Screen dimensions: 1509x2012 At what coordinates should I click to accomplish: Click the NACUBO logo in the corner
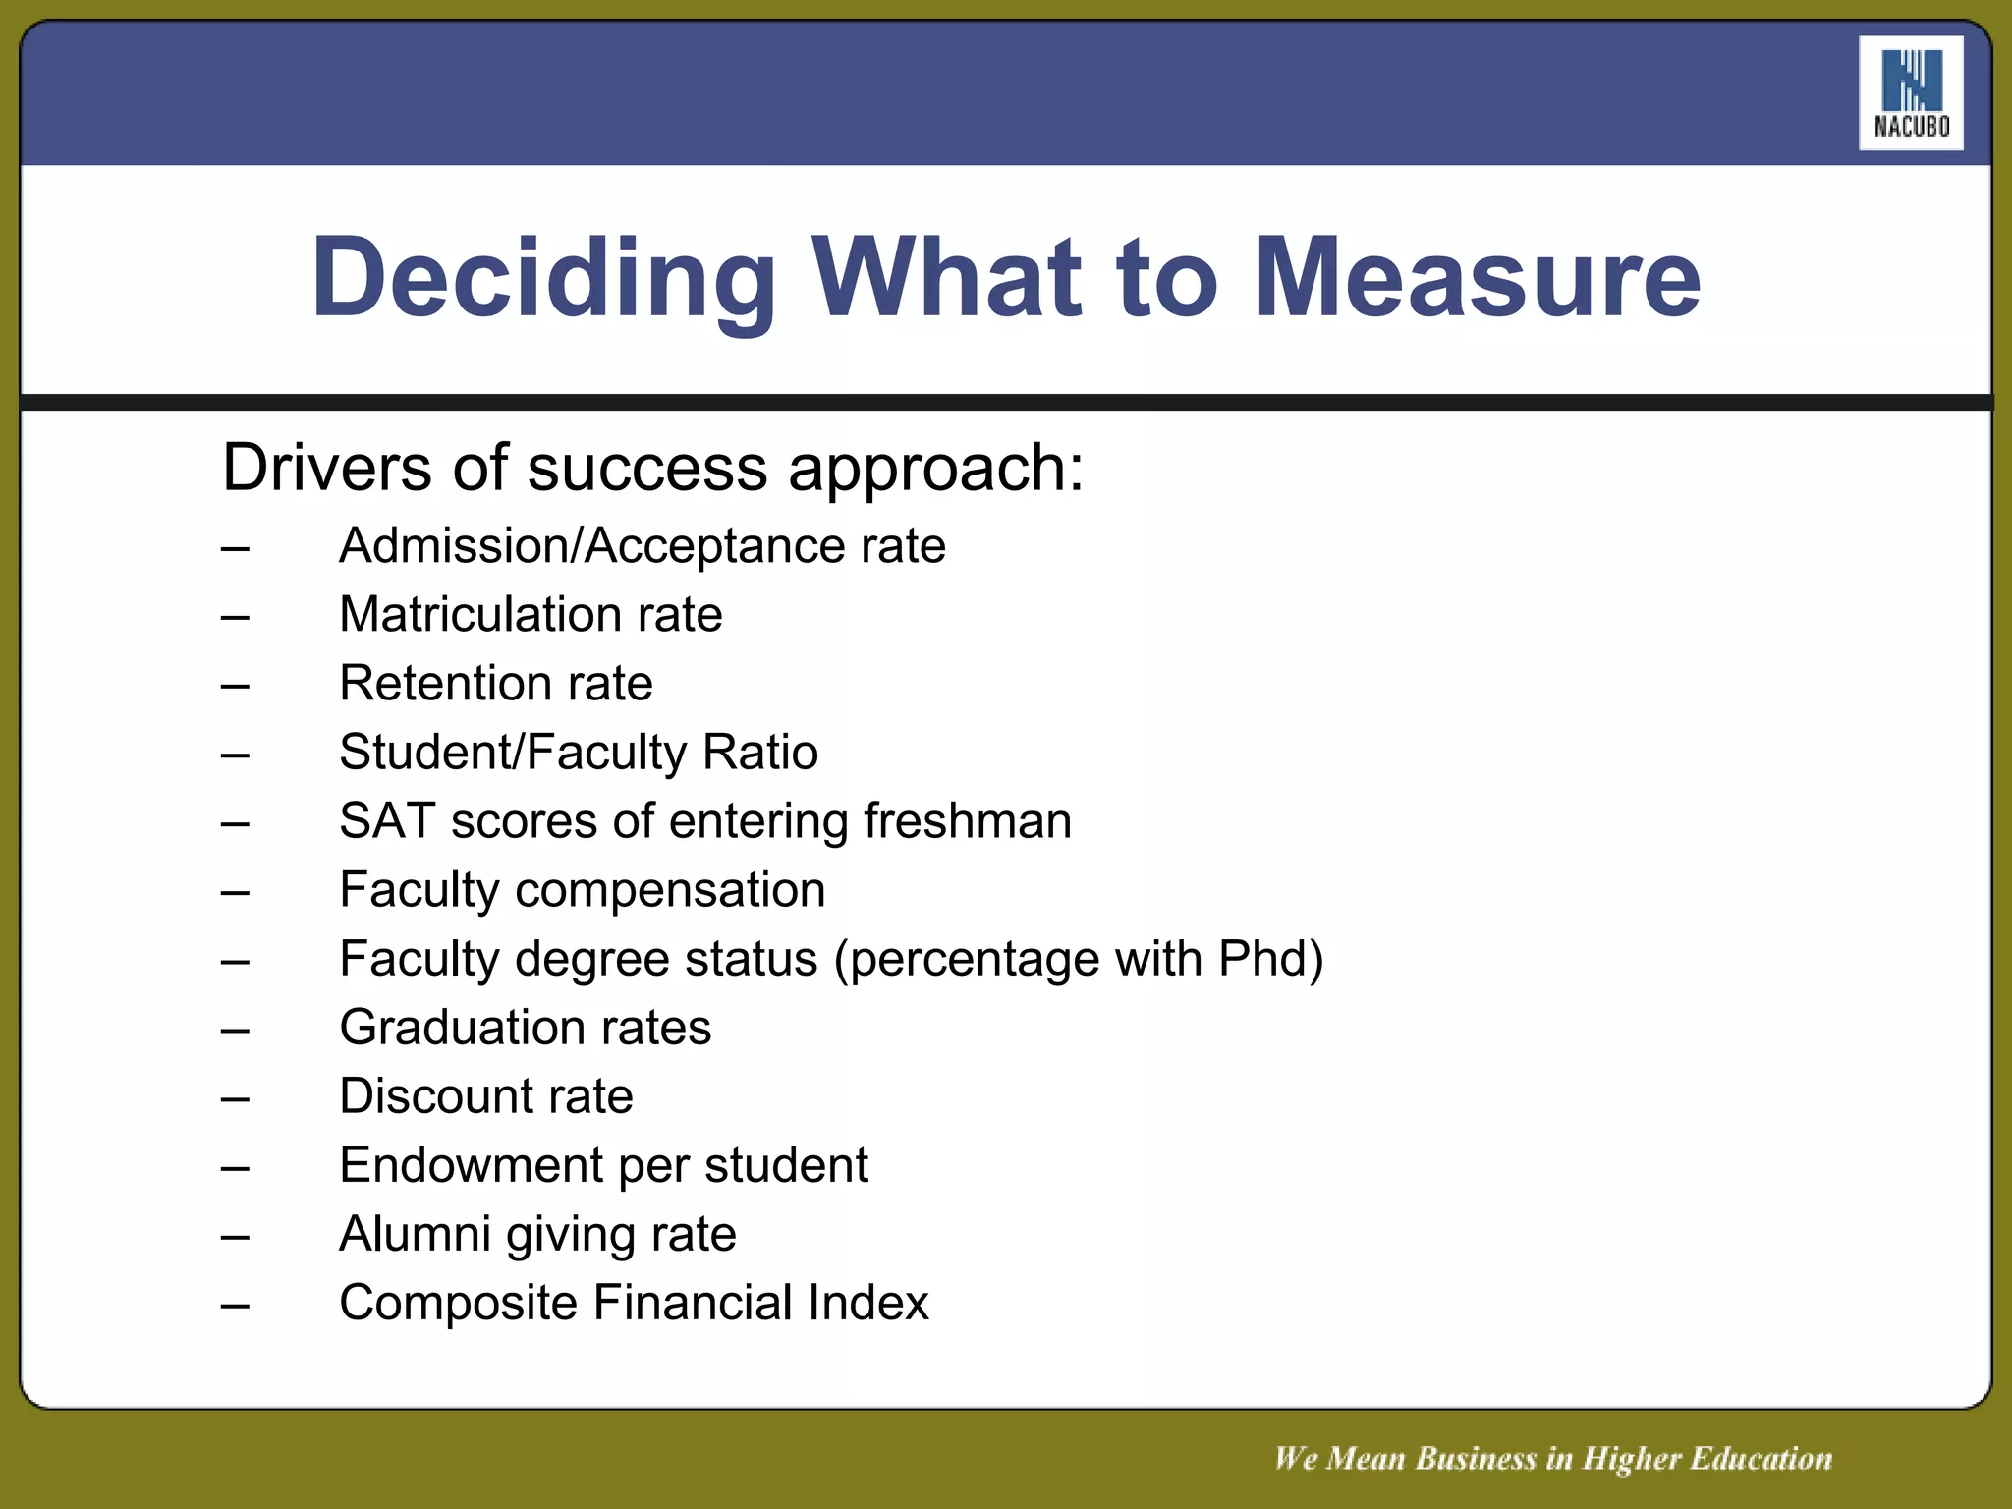pos(1911,93)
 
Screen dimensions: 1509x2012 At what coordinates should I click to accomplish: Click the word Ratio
pos(760,753)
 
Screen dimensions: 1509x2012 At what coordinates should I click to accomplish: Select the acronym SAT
pos(387,821)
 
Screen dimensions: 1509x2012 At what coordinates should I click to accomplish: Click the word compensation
pos(670,891)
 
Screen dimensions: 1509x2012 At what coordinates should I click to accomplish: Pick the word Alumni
pos(414,1234)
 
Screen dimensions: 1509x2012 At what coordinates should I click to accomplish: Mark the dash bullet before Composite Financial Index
pos(235,1306)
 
